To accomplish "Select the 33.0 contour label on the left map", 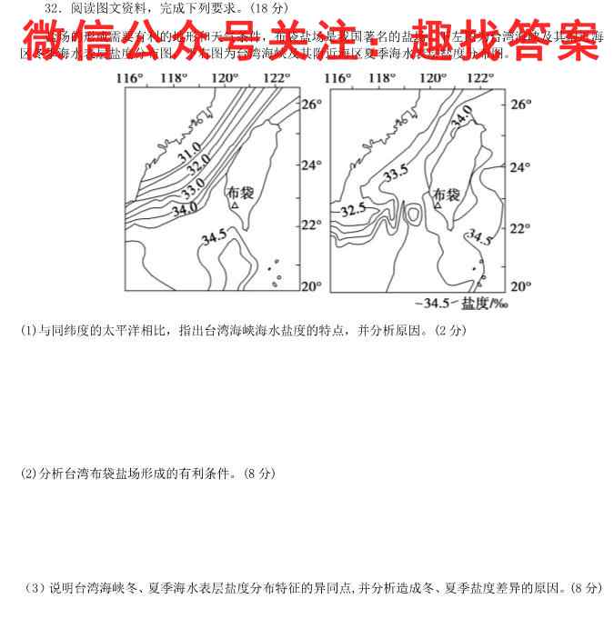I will tap(192, 190).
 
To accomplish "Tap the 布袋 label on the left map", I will tap(238, 193).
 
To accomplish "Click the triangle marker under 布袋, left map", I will tap(234, 207).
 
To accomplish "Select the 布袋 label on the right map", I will tap(447, 194).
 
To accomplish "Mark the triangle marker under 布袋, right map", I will tap(438, 206).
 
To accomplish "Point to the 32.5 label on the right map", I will tap(351, 210).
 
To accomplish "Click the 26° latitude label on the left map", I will tap(312, 105).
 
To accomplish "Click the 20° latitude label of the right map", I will tap(519, 286).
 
